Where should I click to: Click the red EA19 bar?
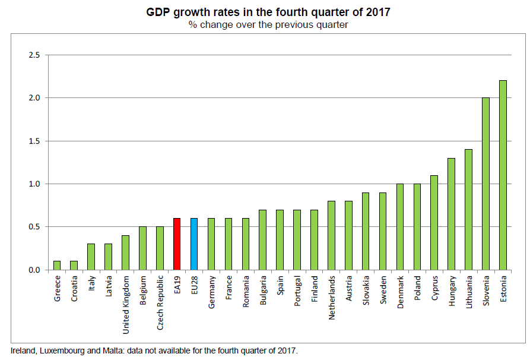coord(177,244)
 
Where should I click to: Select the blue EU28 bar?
coord(194,244)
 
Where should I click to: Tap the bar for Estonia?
coord(503,175)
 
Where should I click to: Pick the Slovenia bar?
coord(486,184)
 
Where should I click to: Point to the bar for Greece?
coord(56,266)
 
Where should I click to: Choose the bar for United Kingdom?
coord(125,252)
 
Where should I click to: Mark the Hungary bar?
coord(452,214)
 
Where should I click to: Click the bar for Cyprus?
coord(434,223)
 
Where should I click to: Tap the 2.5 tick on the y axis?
coord(34,55)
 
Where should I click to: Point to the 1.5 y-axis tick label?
coord(34,141)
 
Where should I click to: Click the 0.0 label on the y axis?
coord(34,270)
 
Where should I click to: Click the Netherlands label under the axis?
coord(332,297)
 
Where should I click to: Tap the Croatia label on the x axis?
coord(74,288)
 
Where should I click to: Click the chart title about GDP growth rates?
coord(268,12)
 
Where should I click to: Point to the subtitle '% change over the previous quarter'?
coord(268,25)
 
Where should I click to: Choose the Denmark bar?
coord(400,227)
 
